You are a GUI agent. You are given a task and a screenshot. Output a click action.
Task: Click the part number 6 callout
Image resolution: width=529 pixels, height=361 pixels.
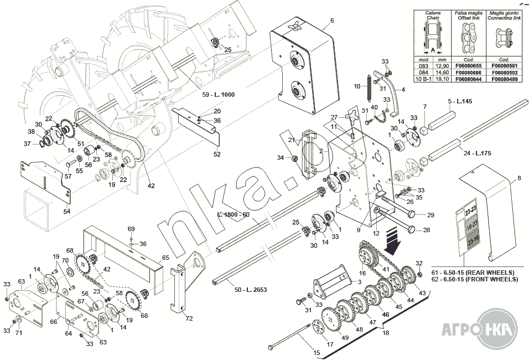click(x=332, y=20)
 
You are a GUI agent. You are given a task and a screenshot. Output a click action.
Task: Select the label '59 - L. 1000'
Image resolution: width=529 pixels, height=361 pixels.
click(x=218, y=95)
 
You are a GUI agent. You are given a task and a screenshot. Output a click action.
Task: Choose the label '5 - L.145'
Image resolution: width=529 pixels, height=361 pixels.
click(x=459, y=102)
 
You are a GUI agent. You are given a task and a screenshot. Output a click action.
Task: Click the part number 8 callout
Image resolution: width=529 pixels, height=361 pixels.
click(x=519, y=179)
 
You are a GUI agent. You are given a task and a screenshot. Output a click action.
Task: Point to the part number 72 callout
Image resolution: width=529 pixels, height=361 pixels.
click(x=189, y=318)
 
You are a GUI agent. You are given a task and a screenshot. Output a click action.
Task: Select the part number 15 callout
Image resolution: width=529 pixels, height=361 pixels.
click(x=317, y=353)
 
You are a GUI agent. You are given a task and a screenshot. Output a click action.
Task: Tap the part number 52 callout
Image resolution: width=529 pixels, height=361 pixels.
click(x=217, y=154)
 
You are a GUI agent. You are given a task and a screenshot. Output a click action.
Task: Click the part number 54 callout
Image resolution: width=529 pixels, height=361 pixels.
click(x=67, y=212)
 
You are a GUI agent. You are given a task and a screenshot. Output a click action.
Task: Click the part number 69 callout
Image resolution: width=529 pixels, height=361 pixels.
click(x=131, y=228)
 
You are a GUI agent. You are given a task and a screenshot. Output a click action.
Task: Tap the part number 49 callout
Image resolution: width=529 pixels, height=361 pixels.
click(x=344, y=338)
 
